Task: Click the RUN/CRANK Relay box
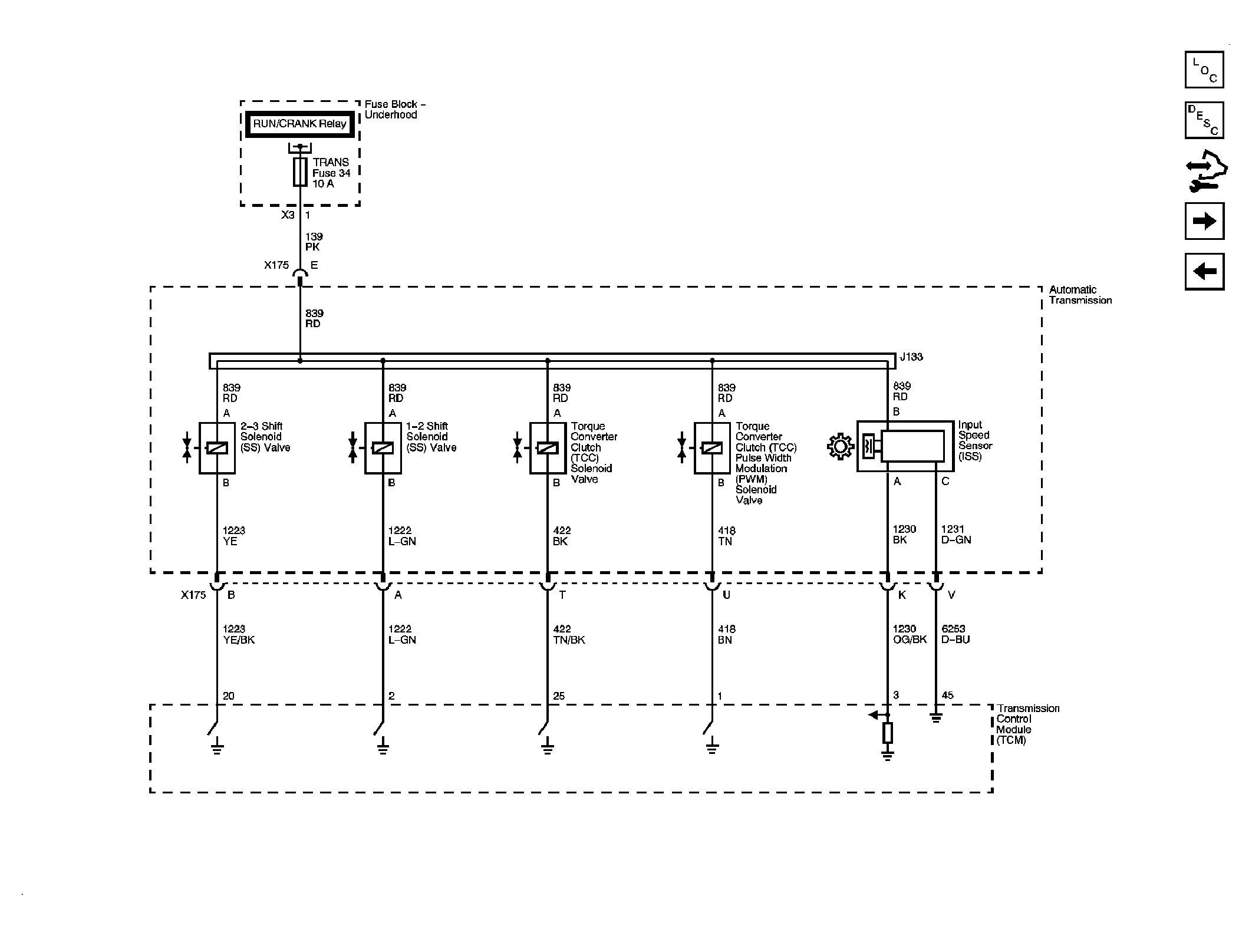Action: [299, 124]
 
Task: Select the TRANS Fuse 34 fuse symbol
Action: [300, 172]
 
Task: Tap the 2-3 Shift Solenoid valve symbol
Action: [217, 448]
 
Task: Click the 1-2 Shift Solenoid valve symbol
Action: [383, 448]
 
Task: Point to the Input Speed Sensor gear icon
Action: [840, 446]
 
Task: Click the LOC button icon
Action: [1204, 70]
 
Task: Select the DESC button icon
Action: [1204, 120]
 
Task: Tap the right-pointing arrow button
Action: [1204, 221]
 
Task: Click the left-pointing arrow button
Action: [1204, 272]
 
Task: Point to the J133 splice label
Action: [911, 357]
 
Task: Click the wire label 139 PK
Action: [314, 242]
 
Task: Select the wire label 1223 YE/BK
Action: [239, 634]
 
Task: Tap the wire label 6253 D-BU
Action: [955, 634]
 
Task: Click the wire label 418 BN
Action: [727, 634]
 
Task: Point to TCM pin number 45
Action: [947, 696]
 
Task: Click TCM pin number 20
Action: [229, 696]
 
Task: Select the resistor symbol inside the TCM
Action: [887, 733]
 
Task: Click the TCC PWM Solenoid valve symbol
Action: [712, 448]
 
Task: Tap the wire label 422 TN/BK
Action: [569, 634]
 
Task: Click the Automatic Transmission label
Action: [1080, 295]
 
